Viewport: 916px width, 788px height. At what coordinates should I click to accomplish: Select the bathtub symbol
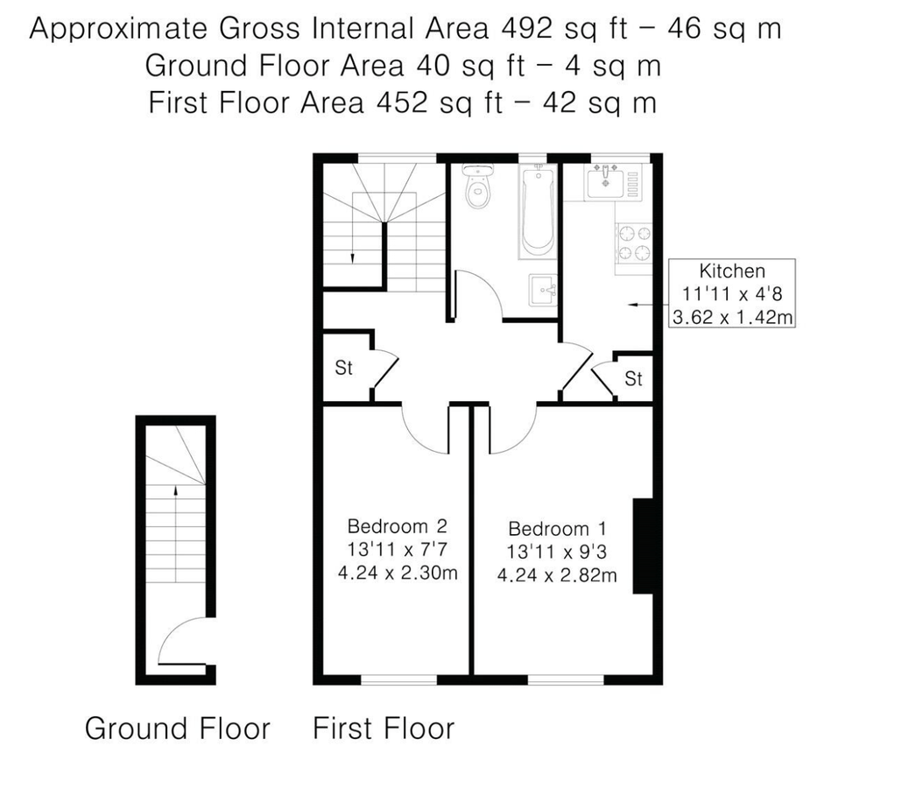tap(535, 213)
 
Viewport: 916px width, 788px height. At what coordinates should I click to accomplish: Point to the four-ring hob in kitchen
tap(635, 243)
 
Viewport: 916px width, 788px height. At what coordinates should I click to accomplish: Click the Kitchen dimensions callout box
tap(731, 293)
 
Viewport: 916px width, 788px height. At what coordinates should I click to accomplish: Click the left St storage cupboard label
tap(343, 368)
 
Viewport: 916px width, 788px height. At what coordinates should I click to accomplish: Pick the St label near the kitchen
tap(633, 378)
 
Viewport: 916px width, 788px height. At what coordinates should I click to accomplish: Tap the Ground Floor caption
tap(177, 728)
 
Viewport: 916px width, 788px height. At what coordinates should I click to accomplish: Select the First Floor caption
tap(384, 728)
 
